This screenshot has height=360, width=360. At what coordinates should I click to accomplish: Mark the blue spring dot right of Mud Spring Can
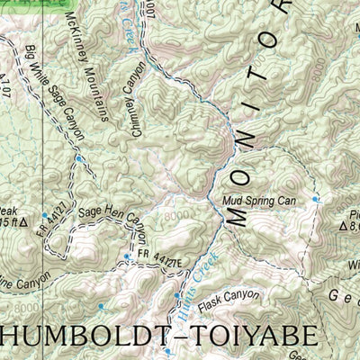click(x=315, y=199)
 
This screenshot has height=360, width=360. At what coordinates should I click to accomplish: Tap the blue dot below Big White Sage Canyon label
click(x=79, y=159)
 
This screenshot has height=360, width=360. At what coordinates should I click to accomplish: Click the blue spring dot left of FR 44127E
click(x=128, y=256)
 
